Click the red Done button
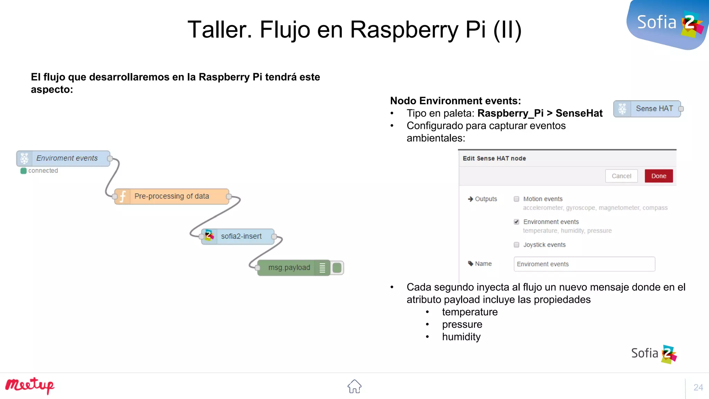click(658, 176)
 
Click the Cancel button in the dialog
click(621, 176)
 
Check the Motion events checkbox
click(517, 199)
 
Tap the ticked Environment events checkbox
click(517, 222)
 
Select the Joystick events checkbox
click(517, 245)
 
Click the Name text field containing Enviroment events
click(584, 264)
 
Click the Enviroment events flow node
click(64, 158)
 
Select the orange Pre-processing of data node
click(171, 196)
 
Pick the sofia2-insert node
click(238, 237)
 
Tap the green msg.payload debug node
click(289, 268)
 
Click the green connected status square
click(24, 171)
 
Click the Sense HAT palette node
click(647, 109)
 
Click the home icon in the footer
click(354, 386)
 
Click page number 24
click(698, 387)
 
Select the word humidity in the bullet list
click(461, 337)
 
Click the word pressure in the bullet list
click(462, 325)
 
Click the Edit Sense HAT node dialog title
click(494, 158)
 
